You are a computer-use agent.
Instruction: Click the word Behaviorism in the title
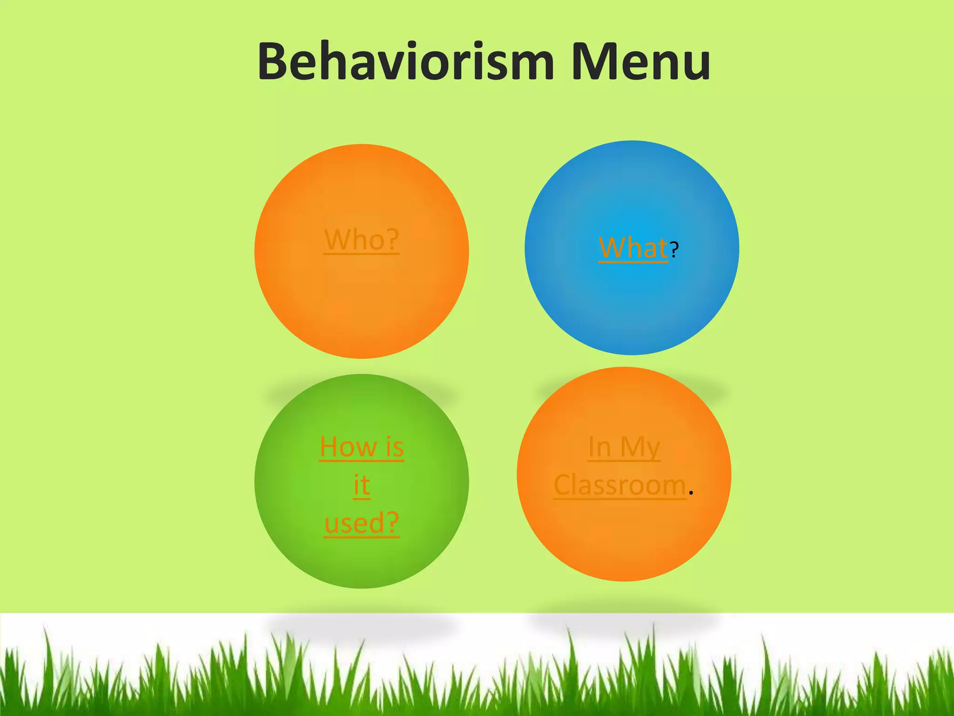point(405,62)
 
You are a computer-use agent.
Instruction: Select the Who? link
point(361,240)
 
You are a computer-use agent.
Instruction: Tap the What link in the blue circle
point(633,248)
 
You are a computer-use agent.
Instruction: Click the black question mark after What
point(675,250)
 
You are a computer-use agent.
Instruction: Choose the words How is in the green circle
point(361,447)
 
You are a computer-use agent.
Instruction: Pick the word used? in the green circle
point(361,523)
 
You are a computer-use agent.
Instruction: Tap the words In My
point(624,447)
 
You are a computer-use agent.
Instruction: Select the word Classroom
point(620,485)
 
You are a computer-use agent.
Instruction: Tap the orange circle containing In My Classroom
point(624,541)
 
